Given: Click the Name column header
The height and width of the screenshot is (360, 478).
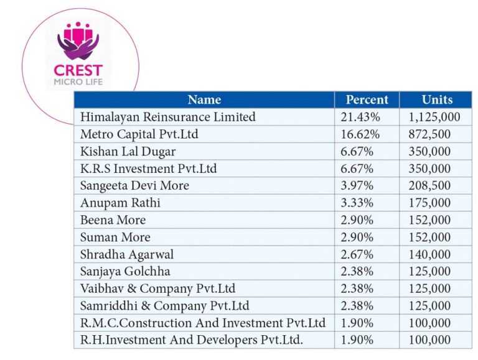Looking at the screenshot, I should tap(204, 99).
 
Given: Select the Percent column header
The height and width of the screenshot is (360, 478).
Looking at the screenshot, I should tap(367, 99).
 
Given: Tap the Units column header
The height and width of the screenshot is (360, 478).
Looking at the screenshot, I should tap(437, 99).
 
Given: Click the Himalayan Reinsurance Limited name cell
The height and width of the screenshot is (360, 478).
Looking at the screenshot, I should tap(168, 117).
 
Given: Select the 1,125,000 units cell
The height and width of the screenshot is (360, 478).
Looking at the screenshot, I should tap(434, 117).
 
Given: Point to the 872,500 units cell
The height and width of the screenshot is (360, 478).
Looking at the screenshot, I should tap(429, 134).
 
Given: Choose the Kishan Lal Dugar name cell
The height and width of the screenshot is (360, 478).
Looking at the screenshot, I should tap(128, 151).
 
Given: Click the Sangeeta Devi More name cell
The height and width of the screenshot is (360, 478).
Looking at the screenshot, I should tap(134, 185).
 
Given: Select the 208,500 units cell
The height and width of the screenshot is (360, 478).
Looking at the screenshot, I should tap(429, 185).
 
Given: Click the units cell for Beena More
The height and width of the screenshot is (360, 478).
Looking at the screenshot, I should tap(429, 219).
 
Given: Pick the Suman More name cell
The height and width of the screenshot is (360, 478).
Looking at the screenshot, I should tap(115, 237).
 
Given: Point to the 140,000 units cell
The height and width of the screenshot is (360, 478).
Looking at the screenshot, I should tap(429, 254).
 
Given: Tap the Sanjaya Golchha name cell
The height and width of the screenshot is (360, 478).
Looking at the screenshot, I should tap(125, 271).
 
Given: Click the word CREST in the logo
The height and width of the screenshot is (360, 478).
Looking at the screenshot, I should tap(78, 70).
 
